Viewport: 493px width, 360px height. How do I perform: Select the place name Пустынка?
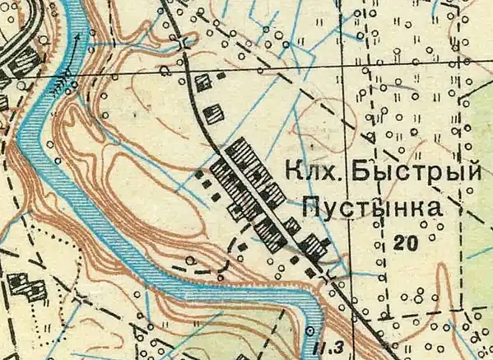[370, 206]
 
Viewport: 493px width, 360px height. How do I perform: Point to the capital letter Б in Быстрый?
[356, 171]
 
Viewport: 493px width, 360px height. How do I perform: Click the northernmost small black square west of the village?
[200, 174]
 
